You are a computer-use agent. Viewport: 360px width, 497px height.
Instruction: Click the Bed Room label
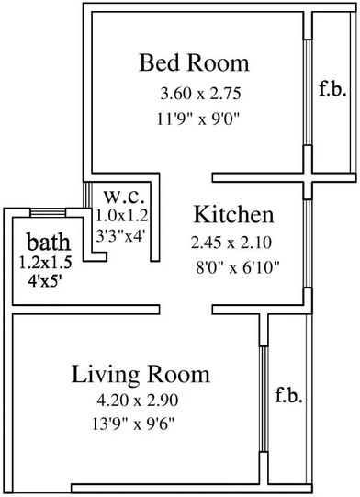(x=194, y=63)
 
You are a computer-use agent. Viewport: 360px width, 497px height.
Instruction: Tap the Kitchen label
(x=233, y=215)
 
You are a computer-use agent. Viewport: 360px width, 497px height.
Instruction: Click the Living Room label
(x=141, y=374)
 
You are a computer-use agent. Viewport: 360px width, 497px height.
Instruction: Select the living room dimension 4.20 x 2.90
(x=139, y=402)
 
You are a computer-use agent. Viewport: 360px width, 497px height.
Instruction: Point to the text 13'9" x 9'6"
(x=139, y=425)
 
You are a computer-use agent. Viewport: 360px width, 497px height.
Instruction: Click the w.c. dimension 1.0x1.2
(x=122, y=217)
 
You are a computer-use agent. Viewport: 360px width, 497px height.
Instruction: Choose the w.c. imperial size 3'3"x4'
(x=121, y=235)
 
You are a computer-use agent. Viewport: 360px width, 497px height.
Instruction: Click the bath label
(x=47, y=243)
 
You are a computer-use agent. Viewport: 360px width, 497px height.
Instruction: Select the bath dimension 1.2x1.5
(x=47, y=263)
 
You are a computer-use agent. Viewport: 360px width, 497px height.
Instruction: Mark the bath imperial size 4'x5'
(x=46, y=281)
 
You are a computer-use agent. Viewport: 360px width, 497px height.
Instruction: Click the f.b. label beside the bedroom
(x=331, y=90)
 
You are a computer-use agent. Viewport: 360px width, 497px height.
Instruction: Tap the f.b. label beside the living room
(x=288, y=397)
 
